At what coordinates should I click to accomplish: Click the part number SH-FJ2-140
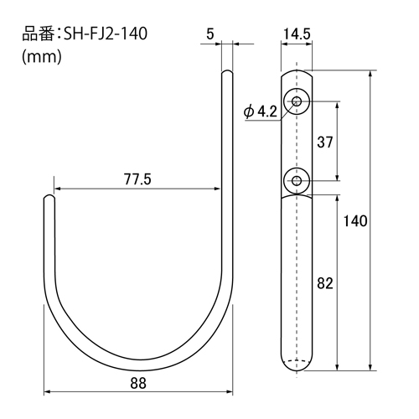[x=106, y=34]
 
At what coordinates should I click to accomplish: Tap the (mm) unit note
[x=42, y=57]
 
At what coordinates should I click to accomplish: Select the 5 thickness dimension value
[x=210, y=34]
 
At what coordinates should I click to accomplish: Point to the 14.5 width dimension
[x=297, y=34]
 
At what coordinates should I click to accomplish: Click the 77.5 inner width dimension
[x=137, y=179]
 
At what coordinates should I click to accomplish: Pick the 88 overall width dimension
[x=138, y=383]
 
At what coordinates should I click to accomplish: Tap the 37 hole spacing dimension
[x=325, y=142]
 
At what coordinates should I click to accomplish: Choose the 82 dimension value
[x=325, y=283]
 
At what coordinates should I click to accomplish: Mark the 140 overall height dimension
[x=355, y=221]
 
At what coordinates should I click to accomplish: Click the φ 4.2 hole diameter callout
[x=261, y=112]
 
